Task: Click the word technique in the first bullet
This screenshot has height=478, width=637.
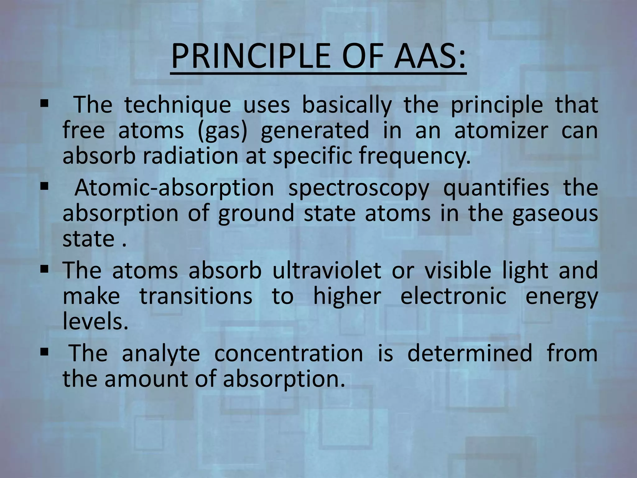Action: pos(178,105)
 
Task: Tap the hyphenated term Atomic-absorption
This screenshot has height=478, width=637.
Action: pos(174,188)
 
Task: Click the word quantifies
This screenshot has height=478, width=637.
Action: pos(496,188)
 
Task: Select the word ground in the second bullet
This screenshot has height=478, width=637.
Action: pos(256,214)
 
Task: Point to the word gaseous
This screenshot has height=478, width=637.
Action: pos(555,214)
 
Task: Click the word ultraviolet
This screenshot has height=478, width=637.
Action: pos(327,270)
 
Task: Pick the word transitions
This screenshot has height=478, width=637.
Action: pos(196,296)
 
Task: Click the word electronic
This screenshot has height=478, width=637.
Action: pos(453,296)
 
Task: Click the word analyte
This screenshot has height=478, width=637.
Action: pos(160,354)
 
